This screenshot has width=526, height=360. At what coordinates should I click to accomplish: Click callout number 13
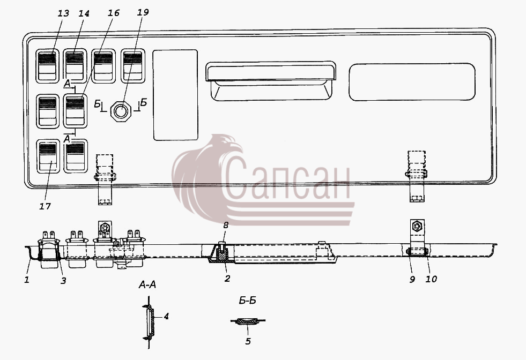63,13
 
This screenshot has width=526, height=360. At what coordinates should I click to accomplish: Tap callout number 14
84,13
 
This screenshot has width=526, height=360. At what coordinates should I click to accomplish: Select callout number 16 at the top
114,13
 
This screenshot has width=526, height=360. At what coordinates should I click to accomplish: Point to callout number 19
143,12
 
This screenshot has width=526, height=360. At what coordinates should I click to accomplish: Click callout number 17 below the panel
45,206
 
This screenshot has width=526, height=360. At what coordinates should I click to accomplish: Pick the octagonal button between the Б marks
121,111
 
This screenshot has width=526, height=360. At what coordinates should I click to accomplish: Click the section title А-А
147,284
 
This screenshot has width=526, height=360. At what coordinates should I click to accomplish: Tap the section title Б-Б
247,301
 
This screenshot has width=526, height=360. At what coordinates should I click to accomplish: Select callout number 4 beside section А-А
166,316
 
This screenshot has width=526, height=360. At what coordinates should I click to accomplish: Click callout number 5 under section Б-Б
248,341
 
